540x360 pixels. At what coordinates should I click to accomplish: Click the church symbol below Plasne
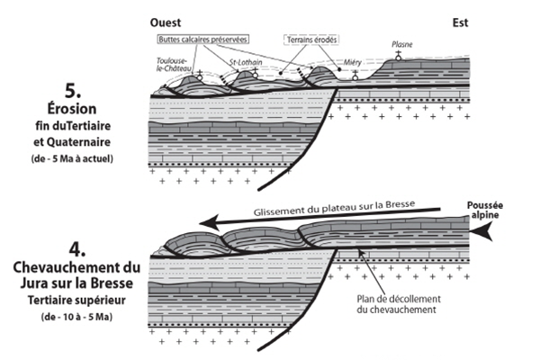pos(399,56)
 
